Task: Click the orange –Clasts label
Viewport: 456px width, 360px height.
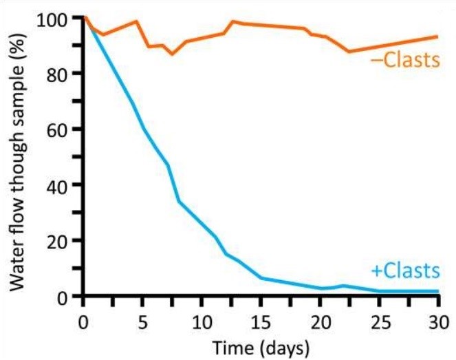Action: (404, 61)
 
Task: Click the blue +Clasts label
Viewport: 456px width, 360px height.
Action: (404, 269)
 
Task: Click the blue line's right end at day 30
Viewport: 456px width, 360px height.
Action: (437, 291)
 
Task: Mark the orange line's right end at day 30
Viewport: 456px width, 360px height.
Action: (437, 36)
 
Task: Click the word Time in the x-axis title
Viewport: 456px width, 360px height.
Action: (229, 346)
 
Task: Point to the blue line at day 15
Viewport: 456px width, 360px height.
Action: (261, 278)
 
